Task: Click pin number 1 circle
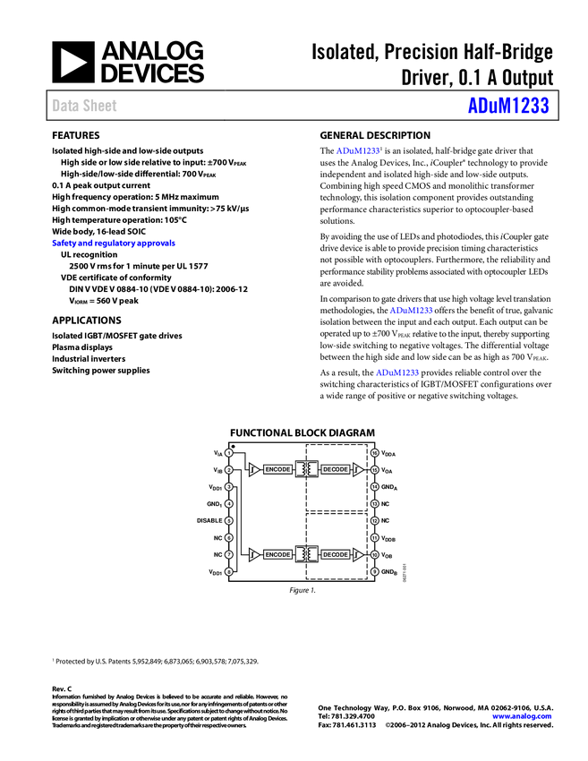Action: (x=229, y=453)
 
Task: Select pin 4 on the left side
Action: (x=229, y=504)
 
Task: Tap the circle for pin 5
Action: (x=229, y=521)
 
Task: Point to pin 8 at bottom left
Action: (x=229, y=571)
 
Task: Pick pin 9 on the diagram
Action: (x=375, y=571)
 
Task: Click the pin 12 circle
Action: (x=375, y=521)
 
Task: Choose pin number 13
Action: (x=375, y=504)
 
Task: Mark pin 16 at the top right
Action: (x=375, y=453)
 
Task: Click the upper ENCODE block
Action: (x=277, y=469)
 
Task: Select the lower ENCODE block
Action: (x=277, y=555)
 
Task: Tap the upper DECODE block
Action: (x=336, y=469)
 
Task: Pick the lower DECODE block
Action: (x=336, y=555)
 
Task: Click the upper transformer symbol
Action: (x=307, y=469)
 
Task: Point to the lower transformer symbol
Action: (x=307, y=555)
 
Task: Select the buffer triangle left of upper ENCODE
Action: (x=255, y=469)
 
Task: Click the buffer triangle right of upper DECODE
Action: (x=357, y=469)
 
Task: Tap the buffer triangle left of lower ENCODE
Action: (x=255, y=555)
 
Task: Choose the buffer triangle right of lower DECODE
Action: (x=357, y=555)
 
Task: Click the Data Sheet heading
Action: (x=85, y=106)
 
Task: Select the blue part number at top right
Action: (x=507, y=106)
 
